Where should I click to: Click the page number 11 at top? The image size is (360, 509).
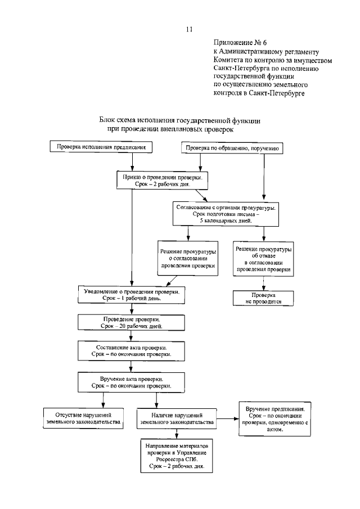(189, 29)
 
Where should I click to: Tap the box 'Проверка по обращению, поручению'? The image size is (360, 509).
(231, 148)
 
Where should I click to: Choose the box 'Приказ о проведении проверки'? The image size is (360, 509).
(163, 180)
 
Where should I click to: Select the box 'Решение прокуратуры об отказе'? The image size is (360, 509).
(263, 259)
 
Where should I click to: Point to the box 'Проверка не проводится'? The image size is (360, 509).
(263, 298)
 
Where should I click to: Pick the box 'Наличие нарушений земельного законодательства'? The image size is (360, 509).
(177, 418)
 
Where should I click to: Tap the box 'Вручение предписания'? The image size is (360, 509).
(276, 418)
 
